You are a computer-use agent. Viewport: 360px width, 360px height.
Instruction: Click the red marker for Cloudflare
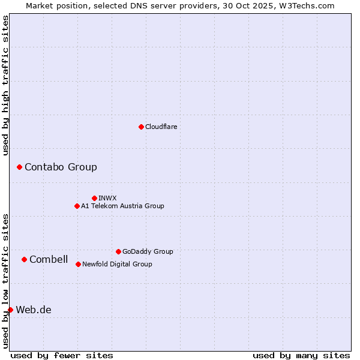coord(141,127)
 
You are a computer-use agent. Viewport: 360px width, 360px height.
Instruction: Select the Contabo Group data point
coord(19,167)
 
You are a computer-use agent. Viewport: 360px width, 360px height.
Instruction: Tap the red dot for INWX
coord(94,198)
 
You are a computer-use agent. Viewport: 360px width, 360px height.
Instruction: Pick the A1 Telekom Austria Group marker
coord(77,206)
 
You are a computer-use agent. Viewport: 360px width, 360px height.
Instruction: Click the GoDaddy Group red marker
coord(118,251)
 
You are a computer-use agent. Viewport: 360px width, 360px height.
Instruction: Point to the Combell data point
coord(24,259)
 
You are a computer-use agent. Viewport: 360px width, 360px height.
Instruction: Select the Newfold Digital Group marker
coord(78,264)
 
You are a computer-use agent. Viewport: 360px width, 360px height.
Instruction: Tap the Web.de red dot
coord(10,310)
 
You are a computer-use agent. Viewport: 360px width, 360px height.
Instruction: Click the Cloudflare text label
coord(161,127)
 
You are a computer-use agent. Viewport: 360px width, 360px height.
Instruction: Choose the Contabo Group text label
coord(61,167)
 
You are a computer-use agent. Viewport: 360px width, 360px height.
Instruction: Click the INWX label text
coord(107,198)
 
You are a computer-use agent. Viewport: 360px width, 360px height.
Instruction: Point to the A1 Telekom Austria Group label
coord(122,206)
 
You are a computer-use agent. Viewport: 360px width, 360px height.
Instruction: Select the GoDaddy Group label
coord(148,251)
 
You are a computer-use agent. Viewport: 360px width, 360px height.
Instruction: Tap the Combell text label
coord(49,259)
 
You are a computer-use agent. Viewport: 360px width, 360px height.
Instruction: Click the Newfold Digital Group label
coord(117,264)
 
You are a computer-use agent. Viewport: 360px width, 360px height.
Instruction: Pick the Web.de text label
coord(34,310)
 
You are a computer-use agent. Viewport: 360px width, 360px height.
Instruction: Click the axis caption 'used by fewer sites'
coord(62,355)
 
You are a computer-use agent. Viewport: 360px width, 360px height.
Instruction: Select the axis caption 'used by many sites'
coord(301,355)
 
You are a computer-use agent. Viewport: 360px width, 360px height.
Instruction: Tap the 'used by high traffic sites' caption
coord(5,85)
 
